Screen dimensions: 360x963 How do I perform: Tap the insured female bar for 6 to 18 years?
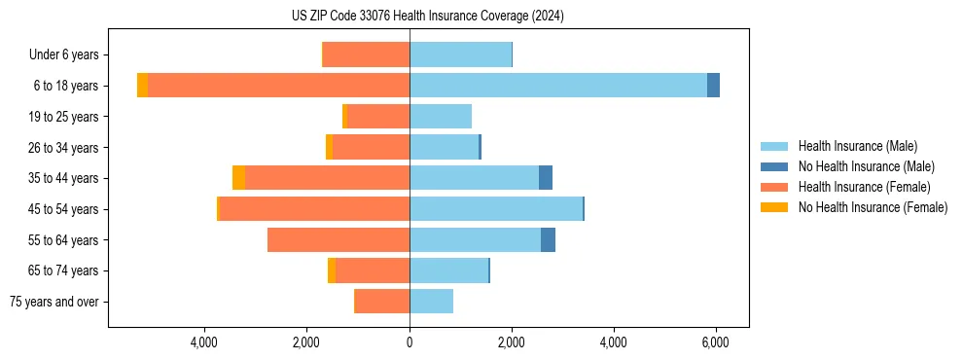click(x=278, y=86)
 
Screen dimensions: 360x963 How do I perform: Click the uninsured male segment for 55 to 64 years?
click(x=548, y=240)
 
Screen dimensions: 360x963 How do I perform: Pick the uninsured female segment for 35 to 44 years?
click(x=238, y=178)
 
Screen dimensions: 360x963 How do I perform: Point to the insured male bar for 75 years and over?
click(x=431, y=302)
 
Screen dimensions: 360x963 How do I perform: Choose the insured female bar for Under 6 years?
click(x=366, y=54)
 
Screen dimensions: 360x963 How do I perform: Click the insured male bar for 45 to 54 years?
click(x=496, y=209)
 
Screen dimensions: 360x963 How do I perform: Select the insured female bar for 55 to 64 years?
click(x=339, y=240)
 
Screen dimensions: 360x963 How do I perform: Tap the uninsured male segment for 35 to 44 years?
click(x=546, y=178)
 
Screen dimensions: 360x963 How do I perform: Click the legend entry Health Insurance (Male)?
click(x=857, y=146)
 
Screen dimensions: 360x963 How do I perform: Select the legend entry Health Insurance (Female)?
click(x=864, y=187)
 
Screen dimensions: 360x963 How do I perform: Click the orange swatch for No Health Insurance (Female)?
click(x=774, y=207)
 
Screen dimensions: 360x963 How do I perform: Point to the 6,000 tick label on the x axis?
click(x=715, y=342)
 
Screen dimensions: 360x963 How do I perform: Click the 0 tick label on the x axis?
click(x=410, y=342)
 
